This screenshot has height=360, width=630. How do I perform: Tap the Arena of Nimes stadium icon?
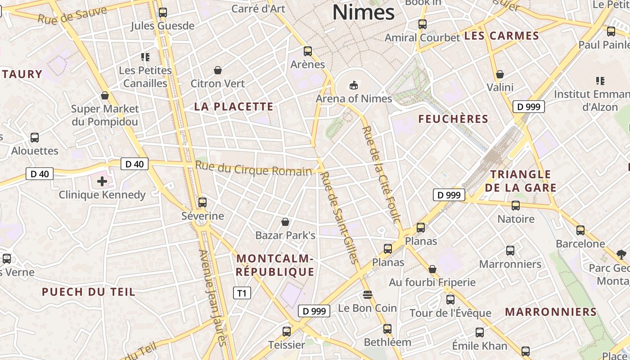pyautogui.click(x=354, y=85)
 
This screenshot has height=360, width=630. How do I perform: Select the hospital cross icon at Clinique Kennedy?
pyautogui.click(x=102, y=181)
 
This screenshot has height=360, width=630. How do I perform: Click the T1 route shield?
pyautogui.click(x=242, y=293)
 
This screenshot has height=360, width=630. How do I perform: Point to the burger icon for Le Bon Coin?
pyautogui.click(x=368, y=295)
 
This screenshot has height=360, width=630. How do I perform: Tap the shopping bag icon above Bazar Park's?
pyautogui.click(x=285, y=222)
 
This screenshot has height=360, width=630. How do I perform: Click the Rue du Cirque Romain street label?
pyautogui.click(x=253, y=170)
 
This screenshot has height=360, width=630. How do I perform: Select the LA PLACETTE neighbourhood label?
pyautogui.click(x=234, y=107)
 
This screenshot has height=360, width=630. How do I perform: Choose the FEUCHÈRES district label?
pyautogui.click(x=453, y=119)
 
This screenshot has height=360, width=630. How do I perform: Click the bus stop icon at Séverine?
pyautogui.click(x=202, y=202)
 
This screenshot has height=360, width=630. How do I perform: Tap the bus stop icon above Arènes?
pyautogui.click(x=308, y=51)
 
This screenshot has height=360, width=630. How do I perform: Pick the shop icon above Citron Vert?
pyautogui.click(x=218, y=70)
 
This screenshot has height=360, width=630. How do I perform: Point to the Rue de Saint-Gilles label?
pyautogui.click(x=340, y=217)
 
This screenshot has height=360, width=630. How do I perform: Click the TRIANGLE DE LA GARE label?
pyautogui.click(x=520, y=181)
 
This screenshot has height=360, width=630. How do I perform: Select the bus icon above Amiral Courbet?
pyautogui.click(x=422, y=24)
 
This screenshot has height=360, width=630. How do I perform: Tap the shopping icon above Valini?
pyautogui.click(x=499, y=74)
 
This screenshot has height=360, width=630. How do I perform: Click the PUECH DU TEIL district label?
pyautogui.click(x=88, y=292)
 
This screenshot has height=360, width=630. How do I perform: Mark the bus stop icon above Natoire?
pyautogui.click(x=516, y=206)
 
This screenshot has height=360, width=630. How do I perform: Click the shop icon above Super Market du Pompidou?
pyautogui.click(x=105, y=95)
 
